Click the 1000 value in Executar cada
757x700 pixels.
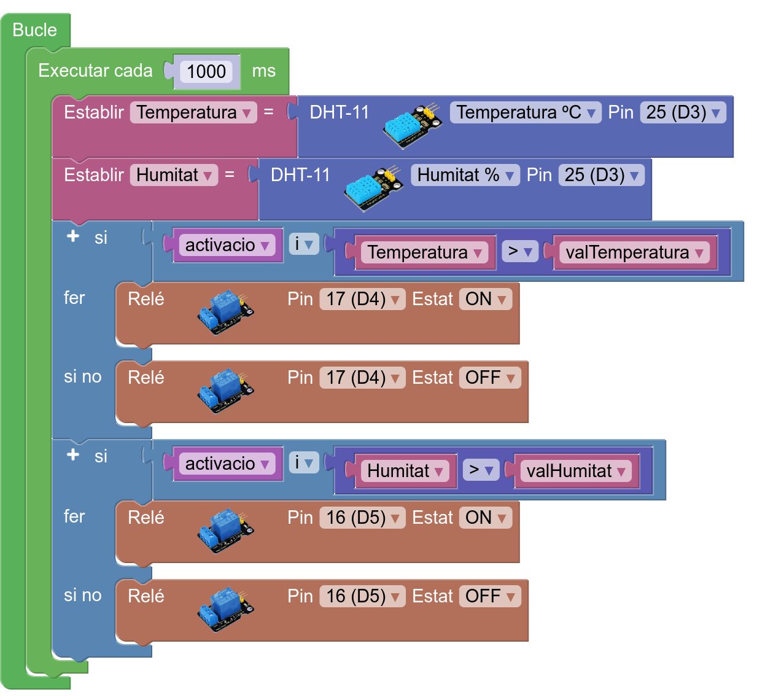[x=206, y=71]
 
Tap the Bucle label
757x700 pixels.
[x=34, y=29]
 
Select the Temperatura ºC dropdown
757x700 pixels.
[x=526, y=112]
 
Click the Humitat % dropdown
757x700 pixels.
[x=465, y=176]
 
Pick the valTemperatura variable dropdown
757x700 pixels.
[x=634, y=252]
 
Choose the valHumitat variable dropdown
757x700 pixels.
[x=575, y=471]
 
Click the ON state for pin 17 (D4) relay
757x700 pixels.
[x=486, y=299]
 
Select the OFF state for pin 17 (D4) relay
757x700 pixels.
[x=490, y=378]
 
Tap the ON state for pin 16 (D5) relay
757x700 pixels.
[x=486, y=518]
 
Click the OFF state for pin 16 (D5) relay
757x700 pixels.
[x=490, y=596]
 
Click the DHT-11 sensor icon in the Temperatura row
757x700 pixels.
[x=413, y=125]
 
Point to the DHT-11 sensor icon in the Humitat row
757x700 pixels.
[x=373, y=188]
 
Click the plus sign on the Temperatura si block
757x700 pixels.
[x=73, y=236]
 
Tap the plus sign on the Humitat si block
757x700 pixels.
[x=73, y=454]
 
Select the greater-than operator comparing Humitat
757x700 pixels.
[x=481, y=470]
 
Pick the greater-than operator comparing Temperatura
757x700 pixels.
[x=520, y=251]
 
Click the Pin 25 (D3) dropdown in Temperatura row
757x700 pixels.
[x=683, y=112]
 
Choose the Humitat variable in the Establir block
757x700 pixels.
[x=174, y=176]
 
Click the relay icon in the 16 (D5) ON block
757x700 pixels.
[x=226, y=531]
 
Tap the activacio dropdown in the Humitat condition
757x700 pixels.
[x=227, y=464]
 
